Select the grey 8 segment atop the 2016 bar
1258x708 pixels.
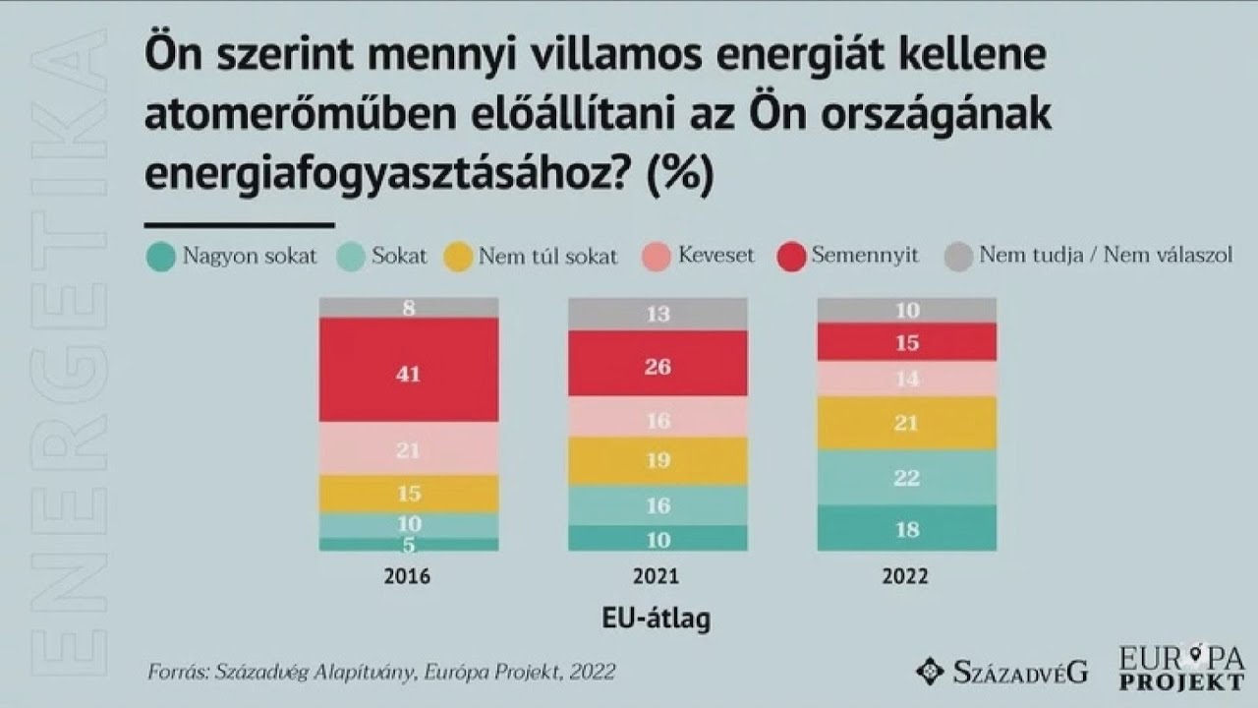409,308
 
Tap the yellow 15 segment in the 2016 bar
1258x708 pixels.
409,494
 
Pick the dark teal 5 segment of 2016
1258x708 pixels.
409,544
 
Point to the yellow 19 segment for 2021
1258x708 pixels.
658,461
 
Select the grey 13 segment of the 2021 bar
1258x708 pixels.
658,314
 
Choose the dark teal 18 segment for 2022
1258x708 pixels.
907,528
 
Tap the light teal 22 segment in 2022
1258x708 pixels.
907,478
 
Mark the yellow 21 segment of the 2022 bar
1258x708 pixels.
907,423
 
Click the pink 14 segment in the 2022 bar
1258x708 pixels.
907,379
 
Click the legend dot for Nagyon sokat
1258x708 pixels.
160,258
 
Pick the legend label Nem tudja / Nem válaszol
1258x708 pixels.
1105,257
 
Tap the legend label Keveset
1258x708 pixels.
715,256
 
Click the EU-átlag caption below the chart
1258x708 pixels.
656,619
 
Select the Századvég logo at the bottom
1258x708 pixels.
1001,672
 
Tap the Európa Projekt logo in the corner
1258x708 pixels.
1181,669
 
